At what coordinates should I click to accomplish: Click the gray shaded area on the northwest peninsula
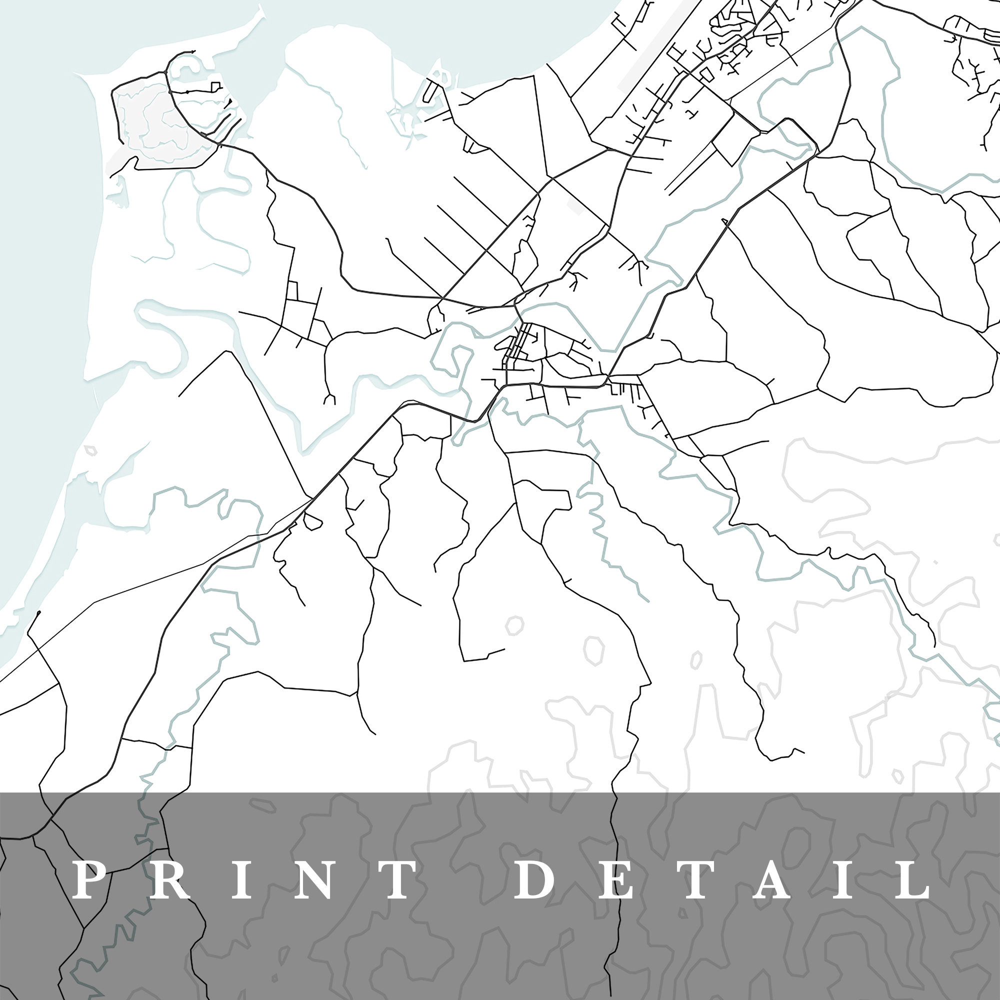coord(155,124)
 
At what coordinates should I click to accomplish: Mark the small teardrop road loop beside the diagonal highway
coord(312,521)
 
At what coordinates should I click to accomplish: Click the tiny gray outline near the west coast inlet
coord(91,450)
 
